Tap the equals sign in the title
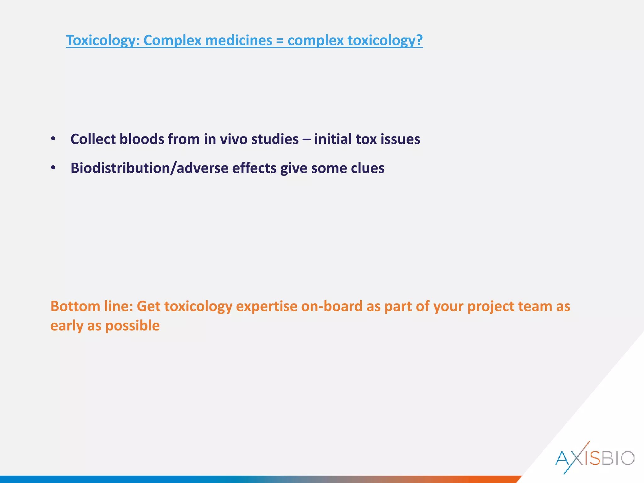tap(280, 41)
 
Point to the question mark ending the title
tap(419, 41)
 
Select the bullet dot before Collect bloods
tap(53, 139)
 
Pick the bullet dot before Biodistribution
tap(53, 168)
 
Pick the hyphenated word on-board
tap(332, 306)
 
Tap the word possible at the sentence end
tap(132, 326)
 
